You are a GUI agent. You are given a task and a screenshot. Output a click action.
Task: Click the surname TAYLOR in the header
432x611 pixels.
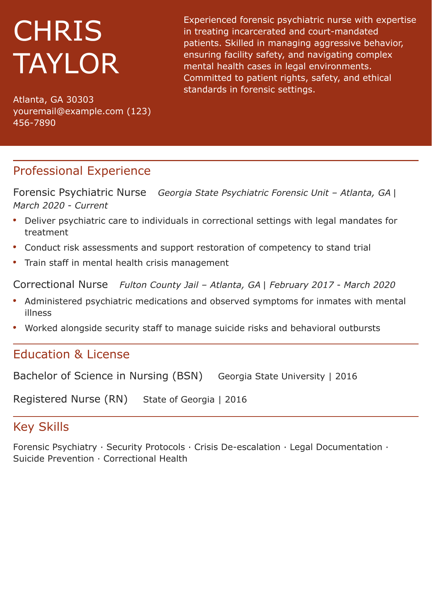point(66,64)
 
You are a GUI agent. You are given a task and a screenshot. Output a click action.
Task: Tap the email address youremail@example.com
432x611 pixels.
point(68,111)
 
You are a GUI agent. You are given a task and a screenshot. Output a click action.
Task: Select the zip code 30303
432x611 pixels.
point(80,99)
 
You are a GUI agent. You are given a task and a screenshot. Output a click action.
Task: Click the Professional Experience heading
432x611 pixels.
point(82,171)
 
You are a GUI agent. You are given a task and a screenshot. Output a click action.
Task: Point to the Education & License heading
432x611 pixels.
point(71,354)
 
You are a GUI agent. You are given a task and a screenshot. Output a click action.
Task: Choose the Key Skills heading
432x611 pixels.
point(41,427)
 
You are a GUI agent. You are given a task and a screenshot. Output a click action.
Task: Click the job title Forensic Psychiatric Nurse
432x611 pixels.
point(80,192)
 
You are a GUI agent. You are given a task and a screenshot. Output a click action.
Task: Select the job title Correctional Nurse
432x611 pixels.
point(60,284)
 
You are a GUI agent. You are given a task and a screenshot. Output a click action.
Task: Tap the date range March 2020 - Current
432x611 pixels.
point(60,206)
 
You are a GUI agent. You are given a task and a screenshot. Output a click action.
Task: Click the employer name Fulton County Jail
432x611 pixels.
point(159,285)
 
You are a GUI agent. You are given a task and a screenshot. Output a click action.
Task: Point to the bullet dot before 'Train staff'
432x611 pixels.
point(15,262)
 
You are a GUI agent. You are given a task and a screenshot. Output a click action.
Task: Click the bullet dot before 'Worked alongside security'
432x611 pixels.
point(15,327)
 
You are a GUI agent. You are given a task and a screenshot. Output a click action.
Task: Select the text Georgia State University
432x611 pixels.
point(271,376)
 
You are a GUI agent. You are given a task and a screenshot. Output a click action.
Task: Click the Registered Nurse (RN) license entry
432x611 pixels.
point(70,399)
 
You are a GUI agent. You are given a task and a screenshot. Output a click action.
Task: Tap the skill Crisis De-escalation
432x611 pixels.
point(237,447)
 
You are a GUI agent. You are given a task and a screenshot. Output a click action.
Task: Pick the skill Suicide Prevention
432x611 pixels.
point(53,459)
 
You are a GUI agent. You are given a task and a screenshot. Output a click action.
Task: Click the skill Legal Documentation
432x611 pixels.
point(336,447)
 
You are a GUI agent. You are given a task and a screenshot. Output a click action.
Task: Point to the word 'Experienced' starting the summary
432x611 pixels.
point(209,20)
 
